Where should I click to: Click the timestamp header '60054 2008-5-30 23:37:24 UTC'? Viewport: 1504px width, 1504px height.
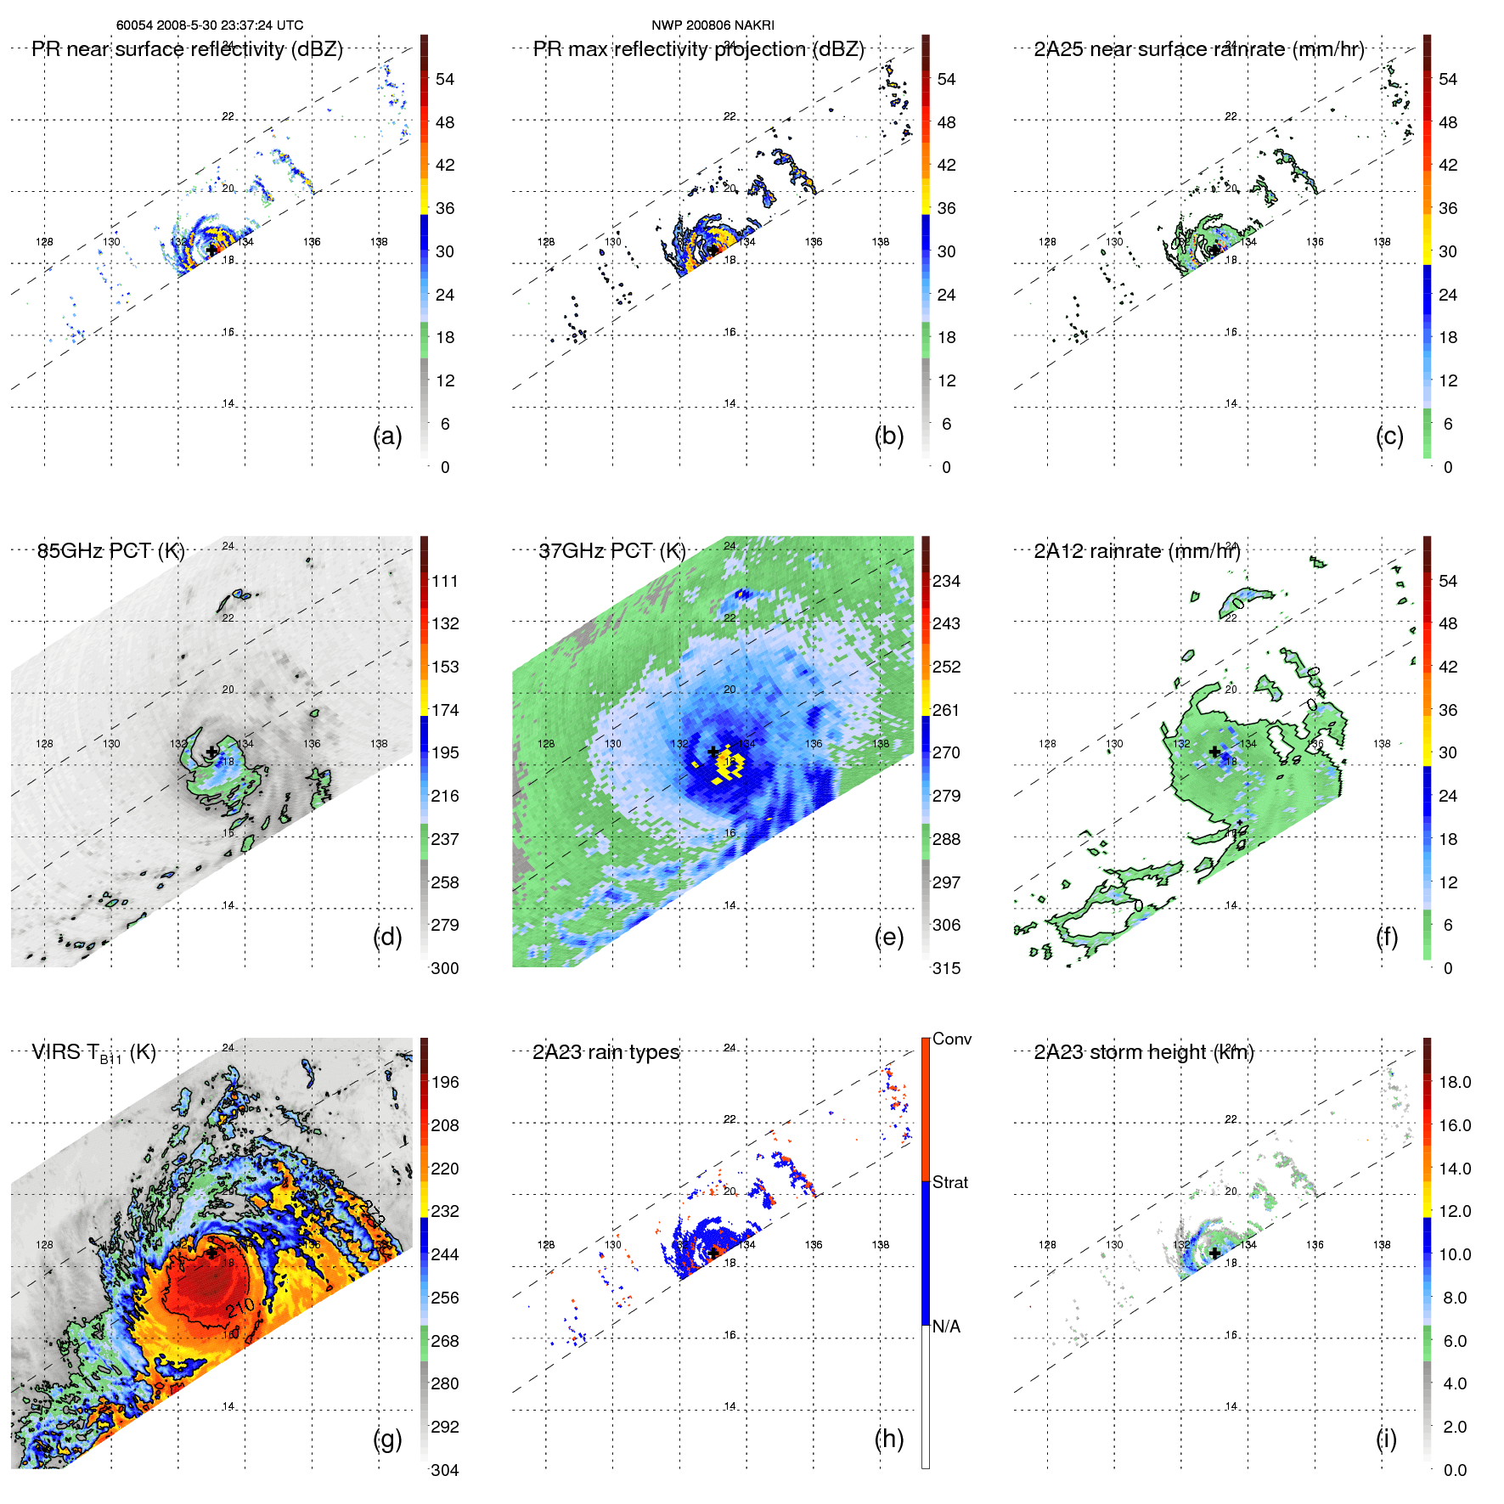209,25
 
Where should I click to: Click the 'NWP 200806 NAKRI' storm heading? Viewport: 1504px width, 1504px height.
713,25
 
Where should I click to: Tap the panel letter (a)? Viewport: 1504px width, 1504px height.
387,437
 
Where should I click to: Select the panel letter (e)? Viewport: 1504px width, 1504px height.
888,938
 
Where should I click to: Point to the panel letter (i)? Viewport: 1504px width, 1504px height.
1386,1439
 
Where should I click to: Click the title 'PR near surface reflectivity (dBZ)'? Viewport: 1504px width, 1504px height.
187,49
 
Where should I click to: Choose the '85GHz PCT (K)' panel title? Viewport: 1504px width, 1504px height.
110,551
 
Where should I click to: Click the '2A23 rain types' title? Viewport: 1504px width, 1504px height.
606,1052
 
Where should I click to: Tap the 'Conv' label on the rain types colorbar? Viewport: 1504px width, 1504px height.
951,1039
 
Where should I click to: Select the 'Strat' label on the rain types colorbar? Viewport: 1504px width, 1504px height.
949,1182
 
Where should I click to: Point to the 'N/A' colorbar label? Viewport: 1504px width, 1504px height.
946,1327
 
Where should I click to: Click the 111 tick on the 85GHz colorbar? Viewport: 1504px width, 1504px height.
445,581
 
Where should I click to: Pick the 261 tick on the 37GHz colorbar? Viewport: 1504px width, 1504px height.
946,710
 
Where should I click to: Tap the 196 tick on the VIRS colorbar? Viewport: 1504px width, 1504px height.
445,1082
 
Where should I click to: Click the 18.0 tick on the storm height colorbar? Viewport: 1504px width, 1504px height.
1455,1082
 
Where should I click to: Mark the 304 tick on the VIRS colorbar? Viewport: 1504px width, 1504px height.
445,1470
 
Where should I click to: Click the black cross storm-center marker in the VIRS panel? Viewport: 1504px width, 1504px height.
211,1253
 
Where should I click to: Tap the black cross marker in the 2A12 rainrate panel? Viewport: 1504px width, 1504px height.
1214,752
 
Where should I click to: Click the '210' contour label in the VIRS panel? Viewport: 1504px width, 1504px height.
240,1307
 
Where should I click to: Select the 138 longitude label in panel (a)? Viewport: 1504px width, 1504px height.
379,242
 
